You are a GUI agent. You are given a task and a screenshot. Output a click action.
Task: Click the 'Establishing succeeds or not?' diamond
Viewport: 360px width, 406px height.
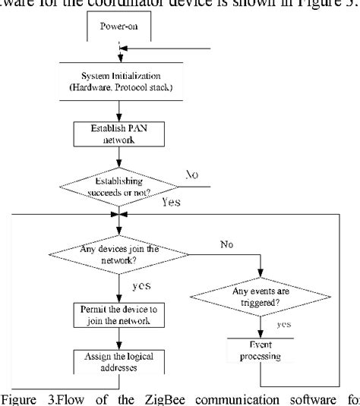[118, 187]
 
